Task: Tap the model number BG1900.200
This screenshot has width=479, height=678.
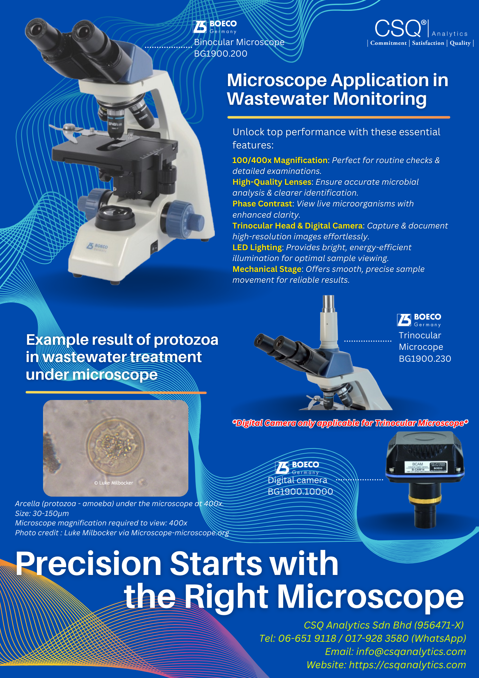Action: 221,54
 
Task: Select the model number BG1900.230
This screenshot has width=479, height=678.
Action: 425,359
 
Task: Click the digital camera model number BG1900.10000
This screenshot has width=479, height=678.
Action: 300,492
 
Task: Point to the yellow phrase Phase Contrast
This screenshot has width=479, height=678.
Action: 262,204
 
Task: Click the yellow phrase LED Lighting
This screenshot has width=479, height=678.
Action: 257,247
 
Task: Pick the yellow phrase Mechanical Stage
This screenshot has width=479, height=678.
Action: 267,269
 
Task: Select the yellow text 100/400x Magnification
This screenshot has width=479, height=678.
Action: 280,160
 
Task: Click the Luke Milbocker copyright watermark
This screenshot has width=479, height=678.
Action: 113,483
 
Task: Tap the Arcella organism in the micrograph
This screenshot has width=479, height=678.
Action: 115,444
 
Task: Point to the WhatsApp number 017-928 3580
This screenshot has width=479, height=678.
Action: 377,638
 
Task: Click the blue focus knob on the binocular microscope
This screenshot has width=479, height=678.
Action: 183,218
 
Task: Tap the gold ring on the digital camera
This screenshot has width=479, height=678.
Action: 425,499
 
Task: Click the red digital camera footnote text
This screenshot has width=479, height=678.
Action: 350,423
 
